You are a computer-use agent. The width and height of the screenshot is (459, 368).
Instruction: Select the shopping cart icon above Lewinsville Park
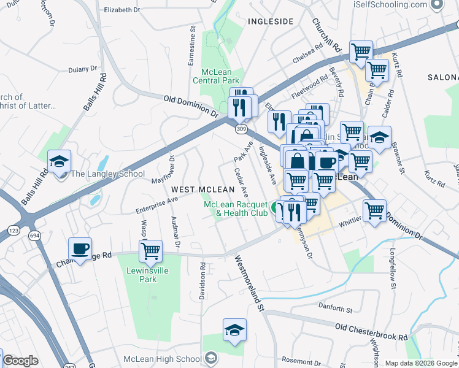tap(150, 251)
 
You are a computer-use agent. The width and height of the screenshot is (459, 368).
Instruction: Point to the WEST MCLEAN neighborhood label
tap(202, 190)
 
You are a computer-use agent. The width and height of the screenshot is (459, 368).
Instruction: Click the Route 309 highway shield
tap(241, 129)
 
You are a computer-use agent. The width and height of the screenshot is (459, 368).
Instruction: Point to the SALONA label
tap(444, 78)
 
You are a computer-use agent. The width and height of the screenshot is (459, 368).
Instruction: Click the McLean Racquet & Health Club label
tap(236, 209)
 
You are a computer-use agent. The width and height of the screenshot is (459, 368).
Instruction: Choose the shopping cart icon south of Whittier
tap(374, 211)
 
